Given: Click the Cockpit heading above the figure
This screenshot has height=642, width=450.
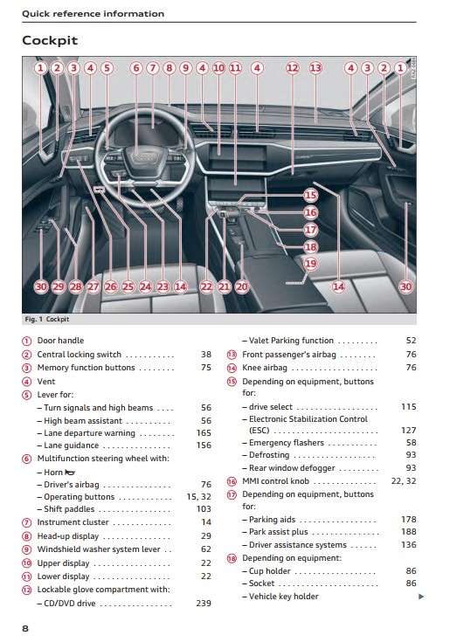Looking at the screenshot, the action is click(x=50, y=40).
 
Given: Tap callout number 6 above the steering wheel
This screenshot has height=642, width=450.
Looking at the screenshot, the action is click(x=136, y=67).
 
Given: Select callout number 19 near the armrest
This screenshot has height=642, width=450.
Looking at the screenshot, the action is click(x=311, y=263).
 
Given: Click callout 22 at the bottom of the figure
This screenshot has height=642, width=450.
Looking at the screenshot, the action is click(x=207, y=286).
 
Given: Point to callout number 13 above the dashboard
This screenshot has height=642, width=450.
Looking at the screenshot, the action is click(x=315, y=67).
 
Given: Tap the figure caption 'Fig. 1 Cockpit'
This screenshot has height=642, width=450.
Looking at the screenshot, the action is click(x=46, y=319).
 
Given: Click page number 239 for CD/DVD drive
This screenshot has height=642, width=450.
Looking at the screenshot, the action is click(x=204, y=603).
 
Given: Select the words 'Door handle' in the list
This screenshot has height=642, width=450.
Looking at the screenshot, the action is click(x=60, y=341).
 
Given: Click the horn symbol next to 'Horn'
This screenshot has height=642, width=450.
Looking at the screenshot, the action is click(x=71, y=473).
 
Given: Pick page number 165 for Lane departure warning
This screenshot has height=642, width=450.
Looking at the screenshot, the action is click(x=204, y=432).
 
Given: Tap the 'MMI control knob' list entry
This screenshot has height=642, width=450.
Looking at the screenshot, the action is click(x=275, y=481).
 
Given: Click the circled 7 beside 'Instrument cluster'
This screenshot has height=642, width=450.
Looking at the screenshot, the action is click(x=26, y=523).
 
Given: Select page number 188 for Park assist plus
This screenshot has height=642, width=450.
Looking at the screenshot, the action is click(x=409, y=531).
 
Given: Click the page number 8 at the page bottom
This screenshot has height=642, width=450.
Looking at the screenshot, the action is click(x=25, y=629).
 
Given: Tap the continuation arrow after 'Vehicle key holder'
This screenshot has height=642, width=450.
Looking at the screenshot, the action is click(x=421, y=597).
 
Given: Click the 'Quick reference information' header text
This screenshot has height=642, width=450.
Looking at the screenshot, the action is click(x=93, y=13).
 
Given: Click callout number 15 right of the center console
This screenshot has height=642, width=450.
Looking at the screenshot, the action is click(x=311, y=195).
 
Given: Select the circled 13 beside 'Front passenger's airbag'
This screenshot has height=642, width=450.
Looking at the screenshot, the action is click(x=232, y=355).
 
